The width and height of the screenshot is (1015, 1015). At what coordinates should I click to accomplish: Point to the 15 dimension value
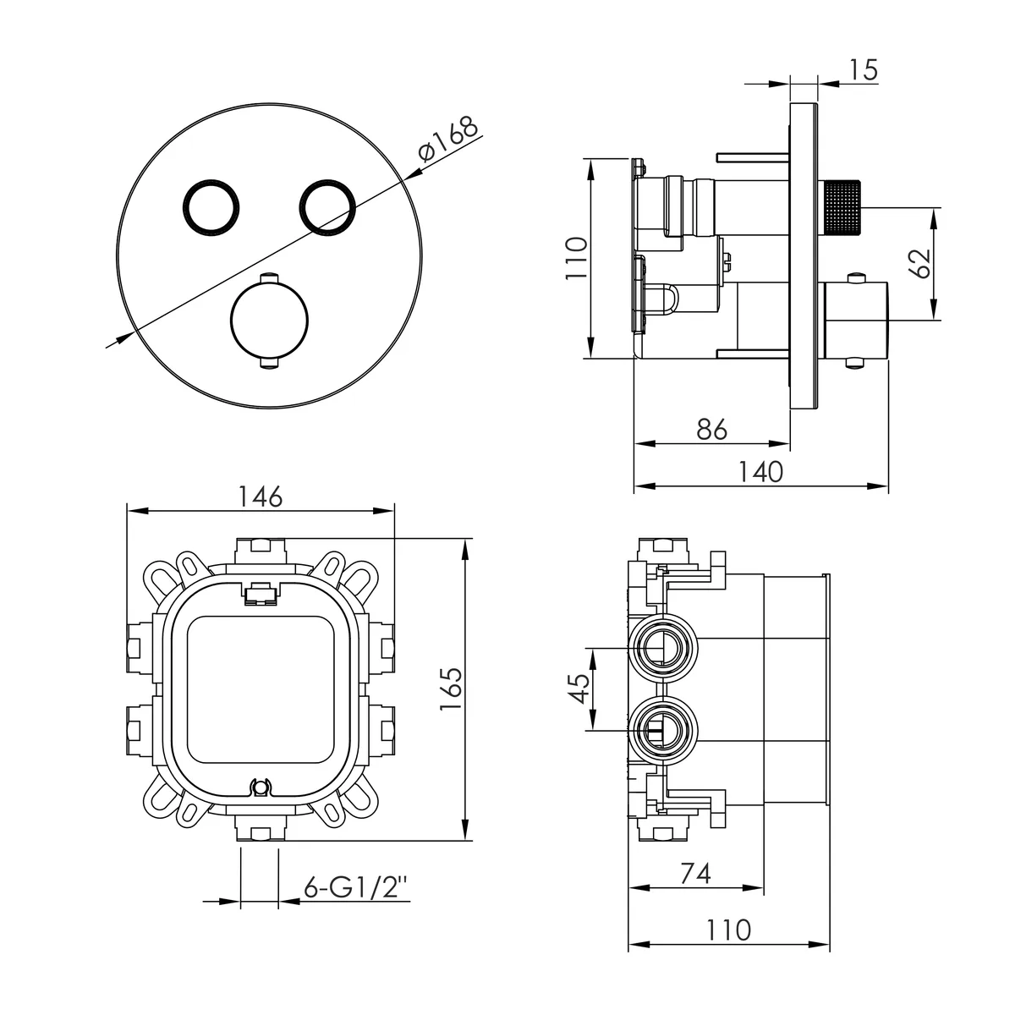pyautogui.click(x=864, y=70)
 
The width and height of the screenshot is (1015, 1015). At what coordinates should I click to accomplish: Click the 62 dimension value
pyautogui.click(x=920, y=263)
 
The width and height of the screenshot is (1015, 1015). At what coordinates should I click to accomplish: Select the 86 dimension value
pyautogui.click(x=711, y=430)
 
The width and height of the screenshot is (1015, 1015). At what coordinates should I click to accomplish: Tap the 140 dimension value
pyautogui.click(x=760, y=471)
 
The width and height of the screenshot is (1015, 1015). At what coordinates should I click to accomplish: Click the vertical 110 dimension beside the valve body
pyautogui.click(x=576, y=258)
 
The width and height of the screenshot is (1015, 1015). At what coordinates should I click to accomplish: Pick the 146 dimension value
pyautogui.click(x=261, y=497)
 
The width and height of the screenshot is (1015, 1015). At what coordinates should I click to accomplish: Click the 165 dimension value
pyautogui.click(x=451, y=689)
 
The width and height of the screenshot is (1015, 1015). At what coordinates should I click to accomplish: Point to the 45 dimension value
pyautogui.click(x=579, y=689)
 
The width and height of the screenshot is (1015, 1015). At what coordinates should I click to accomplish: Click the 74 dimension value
pyautogui.click(x=695, y=873)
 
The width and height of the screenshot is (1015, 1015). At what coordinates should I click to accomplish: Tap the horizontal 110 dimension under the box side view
pyautogui.click(x=728, y=930)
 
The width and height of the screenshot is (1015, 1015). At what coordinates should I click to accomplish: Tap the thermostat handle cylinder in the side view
pyautogui.click(x=853, y=321)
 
